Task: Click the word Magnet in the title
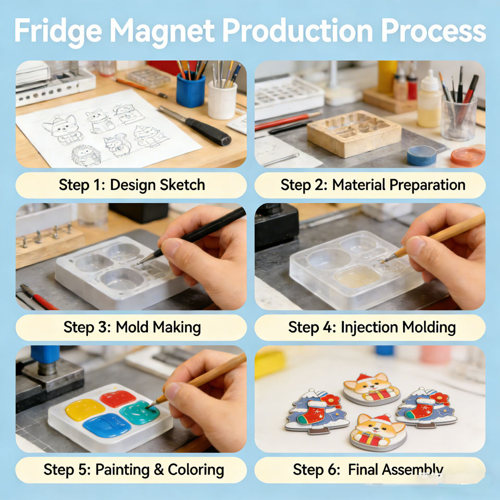[162, 31]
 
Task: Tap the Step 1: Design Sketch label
[132, 185]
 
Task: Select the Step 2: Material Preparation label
[373, 185]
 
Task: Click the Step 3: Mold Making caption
[132, 328]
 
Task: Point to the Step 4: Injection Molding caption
[372, 328]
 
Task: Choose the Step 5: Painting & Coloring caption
[134, 470]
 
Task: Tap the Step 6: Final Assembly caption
[368, 470]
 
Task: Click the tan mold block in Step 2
[354, 133]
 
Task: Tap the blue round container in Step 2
[421, 155]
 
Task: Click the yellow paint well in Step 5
[85, 409]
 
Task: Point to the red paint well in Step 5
[118, 398]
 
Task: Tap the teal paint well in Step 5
[139, 413]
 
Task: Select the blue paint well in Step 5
[107, 426]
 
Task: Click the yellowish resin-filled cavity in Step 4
[357, 277]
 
